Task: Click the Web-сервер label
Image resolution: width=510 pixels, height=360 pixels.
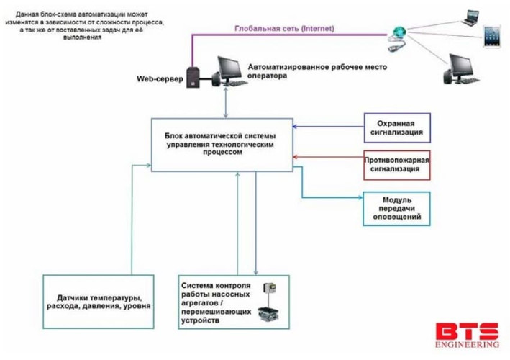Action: point(158,78)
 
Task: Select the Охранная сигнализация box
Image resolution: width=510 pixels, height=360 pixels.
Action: point(397,128)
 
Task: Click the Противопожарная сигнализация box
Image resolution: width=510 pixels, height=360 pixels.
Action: point(397,165)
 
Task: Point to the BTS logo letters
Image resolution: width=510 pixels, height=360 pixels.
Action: point(466,333)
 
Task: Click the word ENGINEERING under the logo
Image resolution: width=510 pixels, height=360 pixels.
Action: point(466,346)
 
